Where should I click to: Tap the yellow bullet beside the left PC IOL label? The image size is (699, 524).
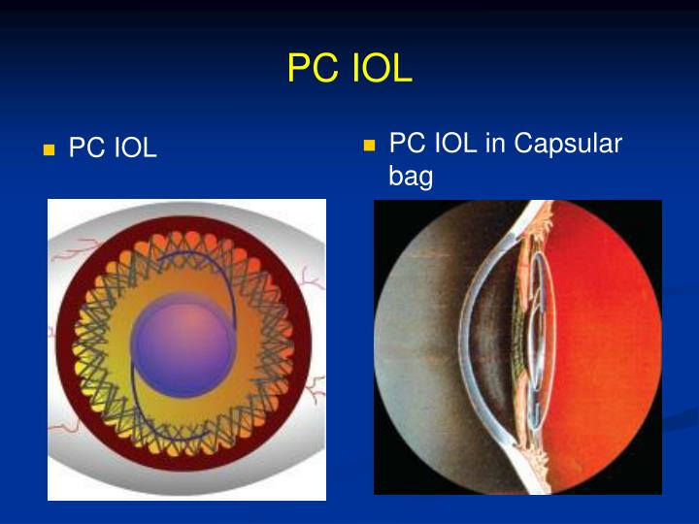(49, 150)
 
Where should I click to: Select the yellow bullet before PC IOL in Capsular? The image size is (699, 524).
(368, 146)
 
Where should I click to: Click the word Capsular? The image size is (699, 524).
(567, 144)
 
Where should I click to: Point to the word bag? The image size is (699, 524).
(411, 178)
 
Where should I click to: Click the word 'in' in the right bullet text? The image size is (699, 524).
(495, 144)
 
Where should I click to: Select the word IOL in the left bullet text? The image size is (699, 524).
(134, 149)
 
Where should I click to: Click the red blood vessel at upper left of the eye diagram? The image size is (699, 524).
(70, 254)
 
